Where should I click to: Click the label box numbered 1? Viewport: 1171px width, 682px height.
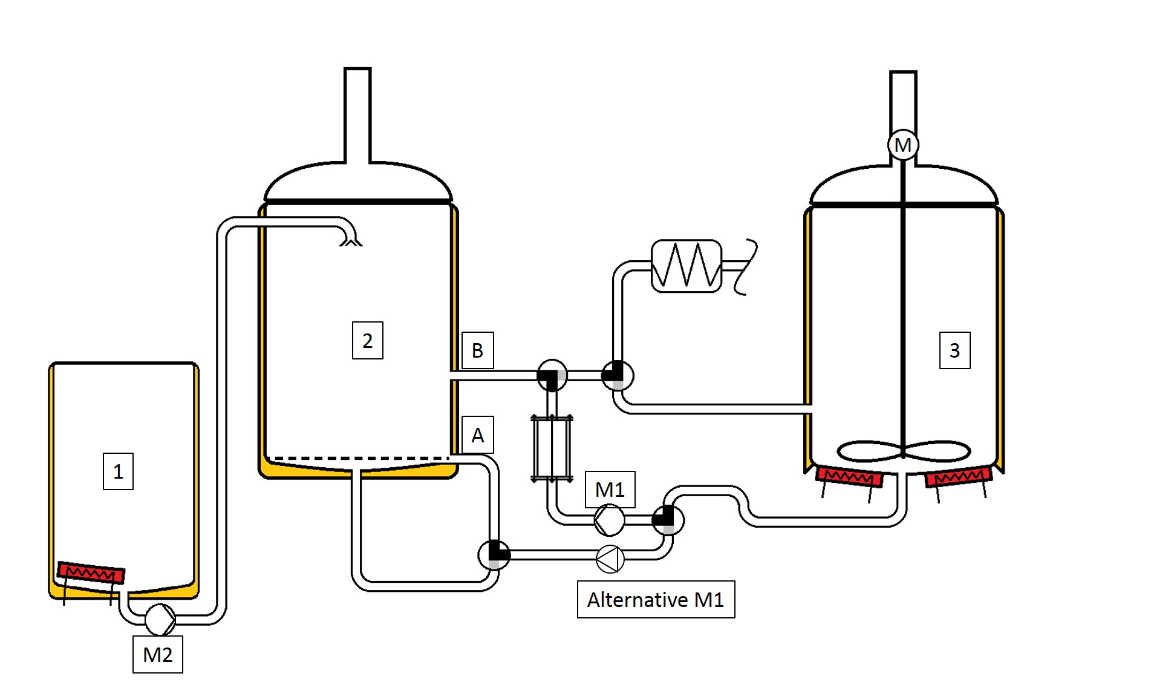(118, 471)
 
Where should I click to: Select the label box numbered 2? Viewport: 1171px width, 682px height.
(367, 341)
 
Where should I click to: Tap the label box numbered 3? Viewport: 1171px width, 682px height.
(954, 350)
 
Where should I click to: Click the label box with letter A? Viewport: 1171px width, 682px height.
(477, 435)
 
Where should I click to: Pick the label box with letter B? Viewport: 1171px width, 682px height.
(477, 350)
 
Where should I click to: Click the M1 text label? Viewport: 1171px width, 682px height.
(610, 489)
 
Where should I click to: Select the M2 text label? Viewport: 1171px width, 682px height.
(157, 654)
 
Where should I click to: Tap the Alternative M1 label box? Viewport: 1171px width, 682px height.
(656, 599)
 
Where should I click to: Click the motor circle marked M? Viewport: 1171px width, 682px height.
(902, 145)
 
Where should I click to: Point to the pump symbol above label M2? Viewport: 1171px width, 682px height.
(160, 619)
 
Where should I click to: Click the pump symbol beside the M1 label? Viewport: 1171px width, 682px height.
(609, 520)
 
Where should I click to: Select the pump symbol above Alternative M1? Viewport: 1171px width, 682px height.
(610, 559)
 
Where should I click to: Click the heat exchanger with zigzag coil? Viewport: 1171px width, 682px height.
(687, 266)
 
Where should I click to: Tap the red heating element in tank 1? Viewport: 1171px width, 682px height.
(91, 572)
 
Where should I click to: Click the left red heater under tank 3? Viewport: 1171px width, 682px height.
(849, 476)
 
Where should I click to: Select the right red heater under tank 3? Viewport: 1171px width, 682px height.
(958, 476)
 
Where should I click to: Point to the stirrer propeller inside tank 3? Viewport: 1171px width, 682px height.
(903, 451)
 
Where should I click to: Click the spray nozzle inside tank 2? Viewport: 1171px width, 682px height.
(351, 241)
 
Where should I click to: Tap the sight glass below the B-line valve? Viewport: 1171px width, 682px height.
(552, 448)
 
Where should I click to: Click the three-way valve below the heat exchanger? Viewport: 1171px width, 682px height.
(617, 375)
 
